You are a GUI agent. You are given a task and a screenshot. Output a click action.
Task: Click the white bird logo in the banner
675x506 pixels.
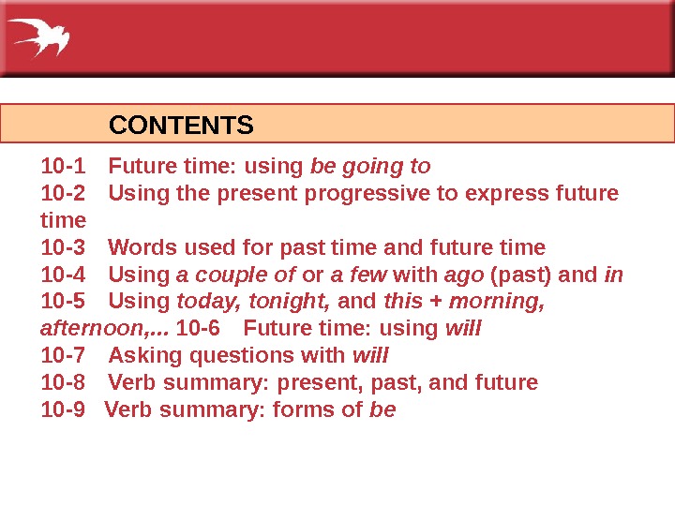[x=39, y=37]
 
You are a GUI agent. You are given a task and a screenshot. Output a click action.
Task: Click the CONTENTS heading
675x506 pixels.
[x=182, y=125]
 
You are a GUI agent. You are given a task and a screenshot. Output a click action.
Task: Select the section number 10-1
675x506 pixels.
[x=63, y=167]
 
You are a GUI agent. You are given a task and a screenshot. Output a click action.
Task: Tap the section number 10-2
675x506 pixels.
[x=63, y=194]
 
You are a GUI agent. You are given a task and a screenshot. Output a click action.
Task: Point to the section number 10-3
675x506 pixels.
[x=63, y=247]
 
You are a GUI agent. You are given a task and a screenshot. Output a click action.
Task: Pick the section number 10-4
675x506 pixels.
[x=63, y=275]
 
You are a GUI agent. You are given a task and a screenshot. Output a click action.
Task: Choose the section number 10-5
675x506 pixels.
[x=63, y=302]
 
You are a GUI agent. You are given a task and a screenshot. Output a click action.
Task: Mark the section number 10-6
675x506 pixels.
[x=198, y=329]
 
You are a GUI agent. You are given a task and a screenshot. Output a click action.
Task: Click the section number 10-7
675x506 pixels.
[x=63, y=356]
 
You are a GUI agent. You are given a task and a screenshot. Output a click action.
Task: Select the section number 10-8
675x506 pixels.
[x=63, y=383]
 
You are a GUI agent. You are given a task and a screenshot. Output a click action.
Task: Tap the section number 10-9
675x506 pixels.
[x=62, y=409]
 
